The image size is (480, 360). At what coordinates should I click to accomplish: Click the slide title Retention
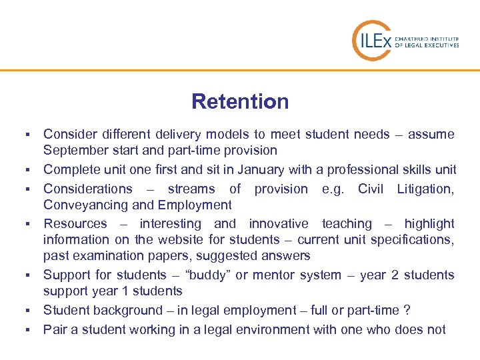click(x=240, y=102)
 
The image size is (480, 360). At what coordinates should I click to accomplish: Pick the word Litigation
click(x=425, y=189)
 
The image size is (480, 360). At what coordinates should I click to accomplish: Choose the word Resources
click(x=75, y=224)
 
